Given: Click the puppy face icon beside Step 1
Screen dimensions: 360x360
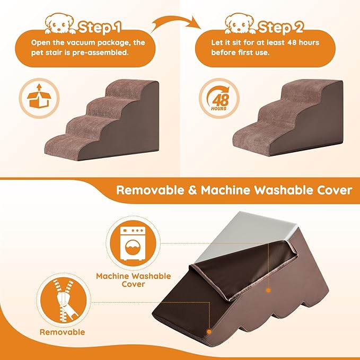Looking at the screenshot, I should [x=59, y=24].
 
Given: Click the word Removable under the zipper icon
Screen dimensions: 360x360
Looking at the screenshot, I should [x=62, y=332].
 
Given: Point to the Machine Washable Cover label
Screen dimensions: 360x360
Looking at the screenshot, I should [x=133, y=280].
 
